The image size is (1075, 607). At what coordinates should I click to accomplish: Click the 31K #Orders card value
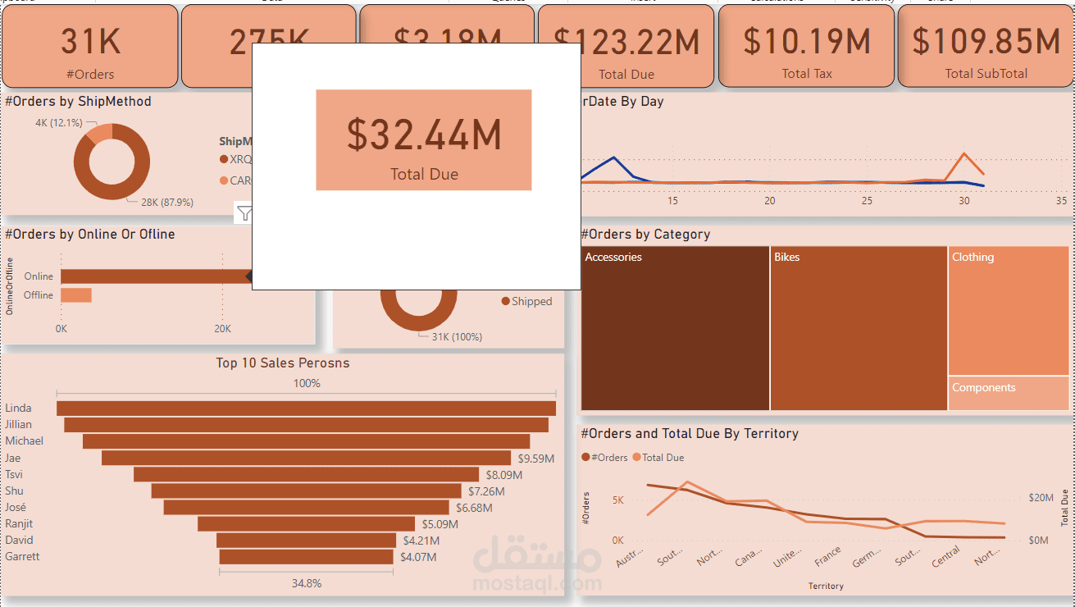tap(90, 42)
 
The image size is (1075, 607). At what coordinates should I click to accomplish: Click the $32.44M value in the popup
tap(424, 135)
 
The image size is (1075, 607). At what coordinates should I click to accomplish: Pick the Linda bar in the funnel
tap(306, 408)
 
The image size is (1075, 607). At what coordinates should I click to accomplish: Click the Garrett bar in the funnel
tap(306, 557)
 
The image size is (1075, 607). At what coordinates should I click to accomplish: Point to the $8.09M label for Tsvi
tap(504, 475)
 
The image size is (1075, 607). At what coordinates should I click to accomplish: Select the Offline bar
tap(76, 295)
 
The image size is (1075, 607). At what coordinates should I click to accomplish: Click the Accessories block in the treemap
tap(675, 328)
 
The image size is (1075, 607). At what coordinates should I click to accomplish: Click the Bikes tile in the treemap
tap(859, 328)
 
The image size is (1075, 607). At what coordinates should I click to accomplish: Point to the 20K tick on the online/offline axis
tap(222, 329)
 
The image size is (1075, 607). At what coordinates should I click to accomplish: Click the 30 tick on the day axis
tap(963, 201)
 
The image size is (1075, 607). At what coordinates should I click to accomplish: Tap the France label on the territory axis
tap(828, 558)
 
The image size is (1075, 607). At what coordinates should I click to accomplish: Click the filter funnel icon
tap(244, 214)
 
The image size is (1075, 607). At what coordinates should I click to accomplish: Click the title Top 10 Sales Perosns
tap(283, 363)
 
